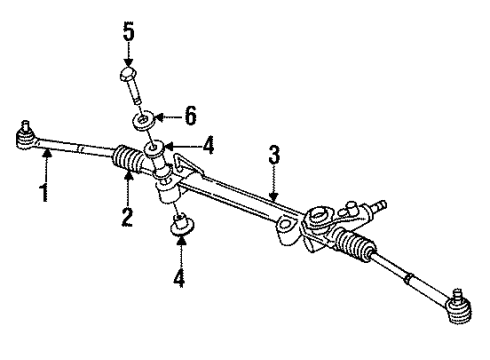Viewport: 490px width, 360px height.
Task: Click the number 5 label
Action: click(128, 30)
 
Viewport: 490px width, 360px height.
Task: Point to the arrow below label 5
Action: click(128, 54)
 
